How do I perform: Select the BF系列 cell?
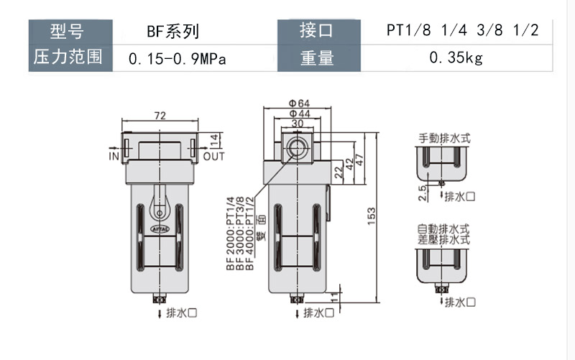[172, 32]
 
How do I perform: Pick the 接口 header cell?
[317, 32]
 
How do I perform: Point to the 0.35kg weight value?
[456, 57]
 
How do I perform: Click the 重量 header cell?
[317, 57]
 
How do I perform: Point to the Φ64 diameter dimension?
[299, 102]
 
